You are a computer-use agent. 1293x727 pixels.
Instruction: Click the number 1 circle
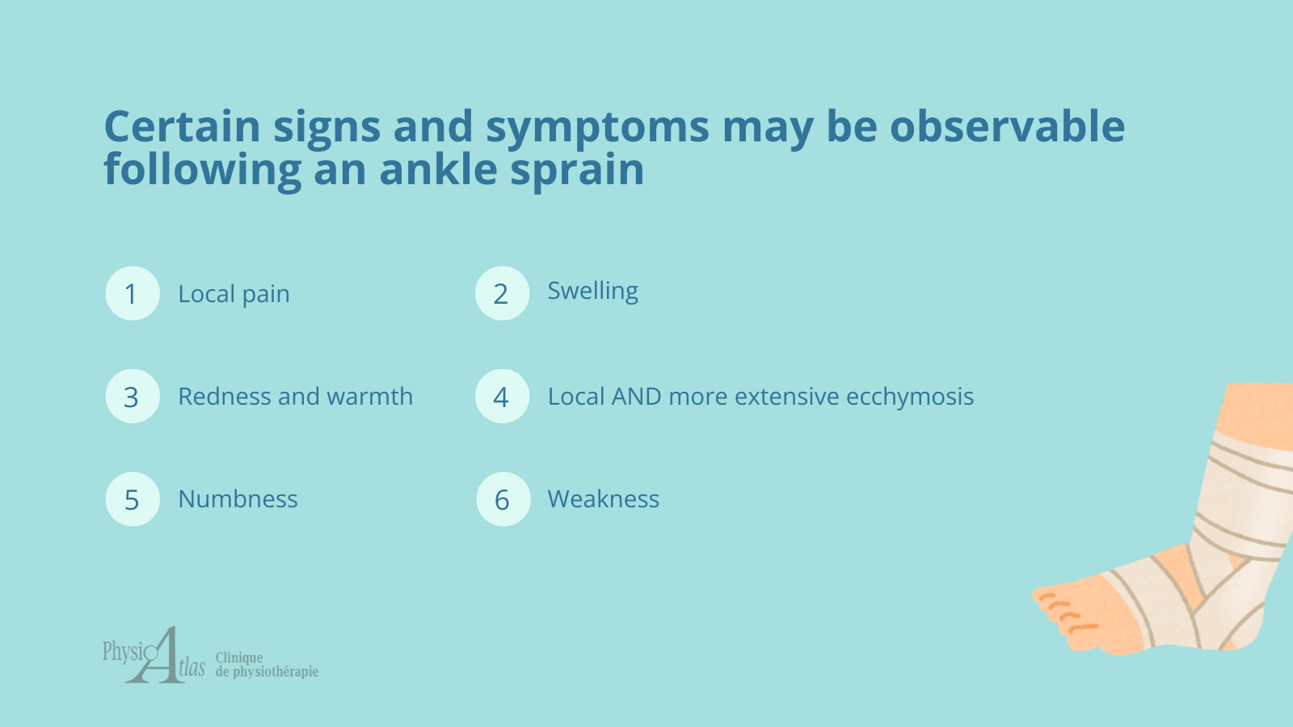(x=133, y=293)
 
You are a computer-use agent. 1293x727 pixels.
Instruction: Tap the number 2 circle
(x=502, y=293)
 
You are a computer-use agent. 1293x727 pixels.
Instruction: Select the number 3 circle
(x=133, y=397)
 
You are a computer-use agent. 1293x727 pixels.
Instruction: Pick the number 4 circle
(x=502, y=397)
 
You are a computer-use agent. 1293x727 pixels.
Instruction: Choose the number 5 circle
(x=133, y=499)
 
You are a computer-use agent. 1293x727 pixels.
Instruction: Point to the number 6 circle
(x=503, y=499)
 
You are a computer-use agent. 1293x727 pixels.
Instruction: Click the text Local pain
(x=234, y=294)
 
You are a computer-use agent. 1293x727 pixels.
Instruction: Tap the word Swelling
(x=593, y=292)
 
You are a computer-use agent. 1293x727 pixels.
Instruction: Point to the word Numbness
(x=238, y=499)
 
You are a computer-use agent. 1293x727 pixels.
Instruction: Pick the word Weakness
(x=603, y=499)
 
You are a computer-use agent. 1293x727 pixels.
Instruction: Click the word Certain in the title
(x=183, y=126)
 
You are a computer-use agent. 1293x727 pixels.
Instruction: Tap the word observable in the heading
(x=1007, y=125)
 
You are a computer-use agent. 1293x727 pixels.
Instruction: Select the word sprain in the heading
(x=577, y=170)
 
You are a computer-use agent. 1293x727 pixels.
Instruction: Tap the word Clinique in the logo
(x=239, y=658)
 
